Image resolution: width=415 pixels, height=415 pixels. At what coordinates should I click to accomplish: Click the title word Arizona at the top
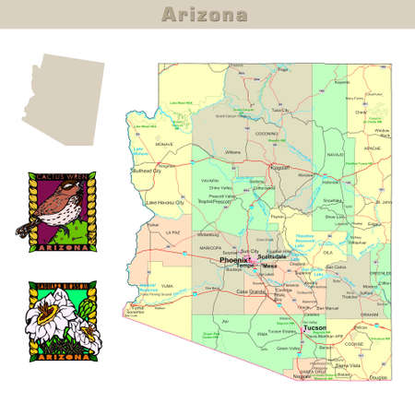point(204,15)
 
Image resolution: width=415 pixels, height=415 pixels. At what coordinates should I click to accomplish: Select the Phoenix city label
point(233,260)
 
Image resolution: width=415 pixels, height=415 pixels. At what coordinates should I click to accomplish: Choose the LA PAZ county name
point(172,233)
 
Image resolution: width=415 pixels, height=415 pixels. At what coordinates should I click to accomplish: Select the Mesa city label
point(269,266)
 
